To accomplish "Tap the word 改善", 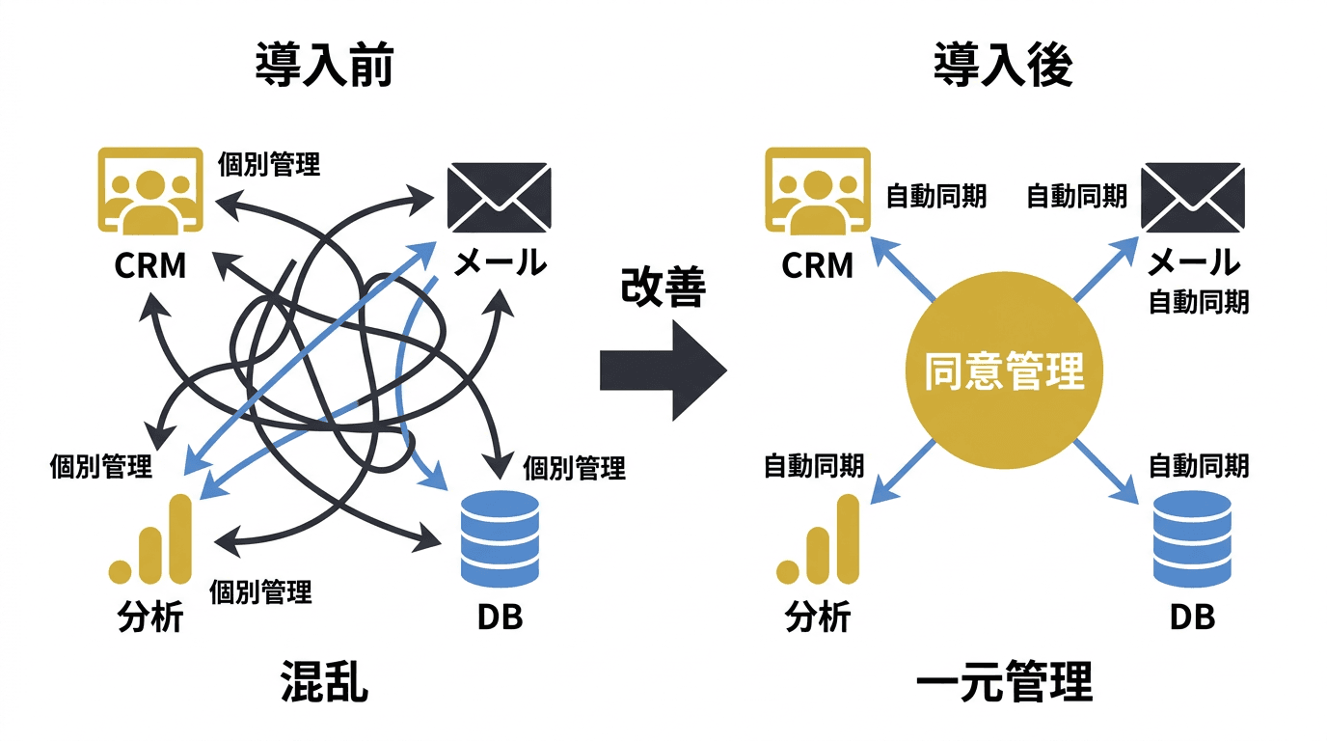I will point(663,287).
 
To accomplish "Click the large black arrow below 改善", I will point(662,370).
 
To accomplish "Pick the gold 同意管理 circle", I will point(1004,370).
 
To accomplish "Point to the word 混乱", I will point(324,682).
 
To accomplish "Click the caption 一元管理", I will point(1003,682).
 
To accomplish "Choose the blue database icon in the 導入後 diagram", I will point(1193,538).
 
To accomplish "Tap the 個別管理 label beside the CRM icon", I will point(269,163).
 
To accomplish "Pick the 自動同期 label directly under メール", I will point(1199,302).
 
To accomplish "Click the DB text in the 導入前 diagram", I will point(500,617).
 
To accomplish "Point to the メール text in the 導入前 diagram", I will point(500,262).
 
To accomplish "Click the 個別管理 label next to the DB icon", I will point(574,469).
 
